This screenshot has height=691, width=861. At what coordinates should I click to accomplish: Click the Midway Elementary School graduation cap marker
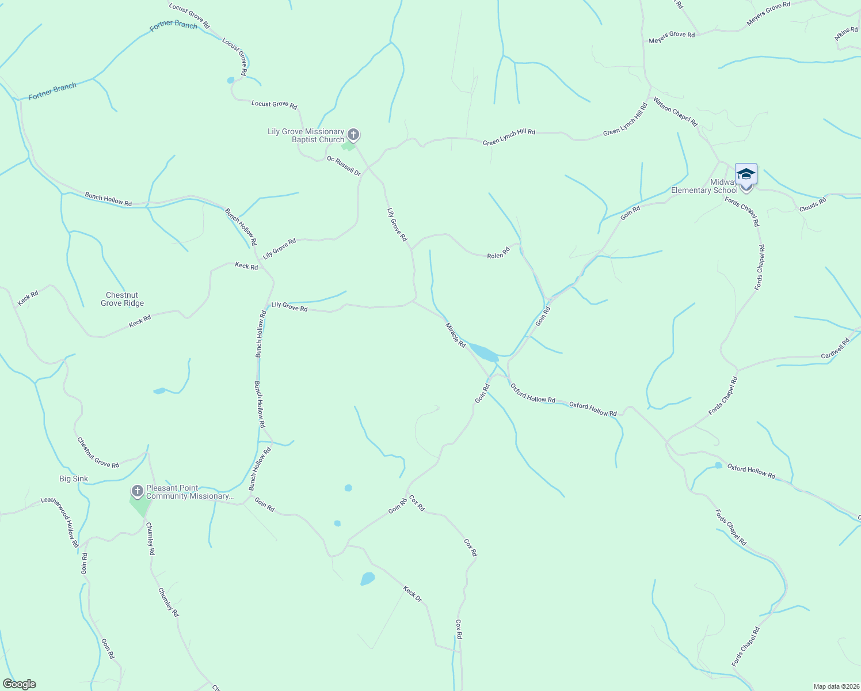point(746,174)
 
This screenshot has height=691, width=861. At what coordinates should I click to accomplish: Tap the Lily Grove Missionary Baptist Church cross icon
point(353,135)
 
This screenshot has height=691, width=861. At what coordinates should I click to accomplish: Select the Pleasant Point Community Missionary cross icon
point(137,491)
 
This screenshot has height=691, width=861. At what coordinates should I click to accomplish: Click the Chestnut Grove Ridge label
point(122,299)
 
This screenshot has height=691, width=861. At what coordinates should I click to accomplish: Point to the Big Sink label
point(74,479)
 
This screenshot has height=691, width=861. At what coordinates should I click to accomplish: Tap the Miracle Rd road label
point(455,335)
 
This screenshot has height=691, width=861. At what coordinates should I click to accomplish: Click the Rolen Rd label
point(498,253)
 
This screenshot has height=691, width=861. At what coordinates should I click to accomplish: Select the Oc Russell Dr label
point(344,166)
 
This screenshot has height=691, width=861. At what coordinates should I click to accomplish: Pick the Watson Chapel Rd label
point(675,111)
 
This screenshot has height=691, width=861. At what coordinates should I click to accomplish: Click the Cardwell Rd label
point(835,349)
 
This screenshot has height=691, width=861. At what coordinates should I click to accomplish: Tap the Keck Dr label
point(413,594)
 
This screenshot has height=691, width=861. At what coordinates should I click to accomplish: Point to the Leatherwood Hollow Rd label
point(60,521)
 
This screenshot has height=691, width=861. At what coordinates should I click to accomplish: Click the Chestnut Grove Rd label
point(98,453)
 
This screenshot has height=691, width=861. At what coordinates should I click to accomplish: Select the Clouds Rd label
point(813,204)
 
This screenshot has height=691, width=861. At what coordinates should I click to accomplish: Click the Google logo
point(20,684)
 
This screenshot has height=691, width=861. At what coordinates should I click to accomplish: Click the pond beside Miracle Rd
point(483,352)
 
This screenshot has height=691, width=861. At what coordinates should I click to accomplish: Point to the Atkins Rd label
point(846,33)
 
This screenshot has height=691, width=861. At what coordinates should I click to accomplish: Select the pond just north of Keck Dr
point(367,579)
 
